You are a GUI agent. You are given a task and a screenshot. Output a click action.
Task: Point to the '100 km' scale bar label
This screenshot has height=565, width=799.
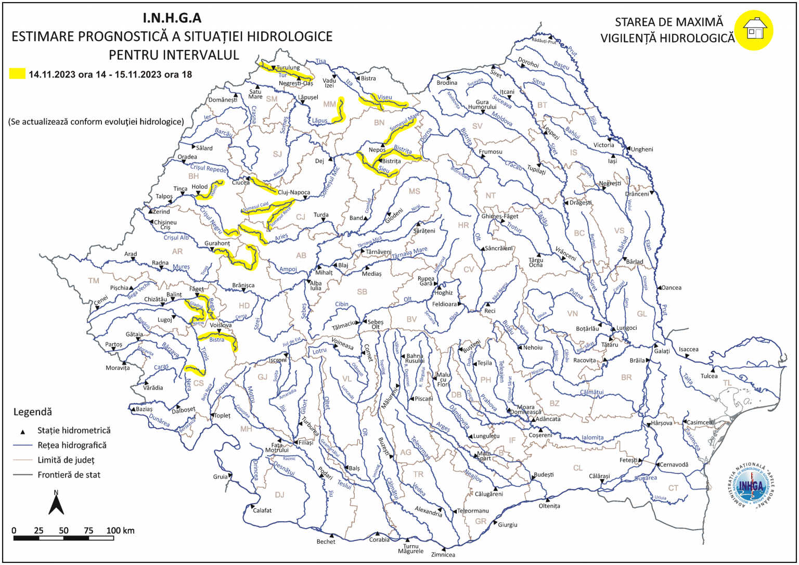pos(120,531)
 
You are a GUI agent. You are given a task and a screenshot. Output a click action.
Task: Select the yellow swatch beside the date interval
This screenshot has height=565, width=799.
pos(17,74)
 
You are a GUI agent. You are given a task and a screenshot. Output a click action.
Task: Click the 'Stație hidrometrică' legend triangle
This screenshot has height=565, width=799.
pos(22,431)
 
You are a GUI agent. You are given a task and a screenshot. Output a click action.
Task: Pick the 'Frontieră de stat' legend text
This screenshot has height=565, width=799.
pos(69,474)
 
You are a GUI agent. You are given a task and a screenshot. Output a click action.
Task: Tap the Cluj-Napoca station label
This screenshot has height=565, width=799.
pos(294,192)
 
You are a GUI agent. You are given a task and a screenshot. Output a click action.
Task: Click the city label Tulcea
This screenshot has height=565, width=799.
pos(708,376)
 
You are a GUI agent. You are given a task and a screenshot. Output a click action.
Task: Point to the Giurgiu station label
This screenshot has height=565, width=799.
pos(508,525)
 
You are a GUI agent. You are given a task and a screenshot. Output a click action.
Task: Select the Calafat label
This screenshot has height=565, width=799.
pos(262,510)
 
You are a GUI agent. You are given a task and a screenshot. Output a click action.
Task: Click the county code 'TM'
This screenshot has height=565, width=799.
pos(94,281)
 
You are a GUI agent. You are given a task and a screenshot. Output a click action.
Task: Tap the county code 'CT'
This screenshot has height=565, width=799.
pos(673,488)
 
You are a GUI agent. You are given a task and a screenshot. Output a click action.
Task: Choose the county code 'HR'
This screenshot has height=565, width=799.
pos(463,225)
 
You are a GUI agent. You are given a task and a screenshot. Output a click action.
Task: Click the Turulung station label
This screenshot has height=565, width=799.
pos(288,68)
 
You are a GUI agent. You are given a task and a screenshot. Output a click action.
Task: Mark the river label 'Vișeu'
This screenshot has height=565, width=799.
pos(385,97)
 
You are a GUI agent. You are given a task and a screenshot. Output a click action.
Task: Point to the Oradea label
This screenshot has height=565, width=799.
pos(187,157)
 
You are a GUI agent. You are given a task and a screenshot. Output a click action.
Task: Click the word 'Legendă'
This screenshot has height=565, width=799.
pos(32,412)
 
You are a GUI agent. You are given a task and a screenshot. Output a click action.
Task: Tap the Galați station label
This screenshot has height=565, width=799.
pos(662,351)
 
